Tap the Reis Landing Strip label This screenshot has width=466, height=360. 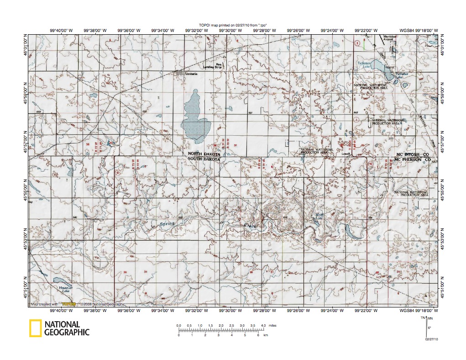pos(221,66)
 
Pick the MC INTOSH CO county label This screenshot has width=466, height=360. pos(413,156)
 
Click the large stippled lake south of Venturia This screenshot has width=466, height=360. pos(194,117)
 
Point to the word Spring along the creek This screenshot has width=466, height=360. pos(168,223)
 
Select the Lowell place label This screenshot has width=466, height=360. pos(346,154)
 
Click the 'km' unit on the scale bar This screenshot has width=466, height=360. pos(266,335)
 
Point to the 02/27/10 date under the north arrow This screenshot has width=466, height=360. pos(431,339)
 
